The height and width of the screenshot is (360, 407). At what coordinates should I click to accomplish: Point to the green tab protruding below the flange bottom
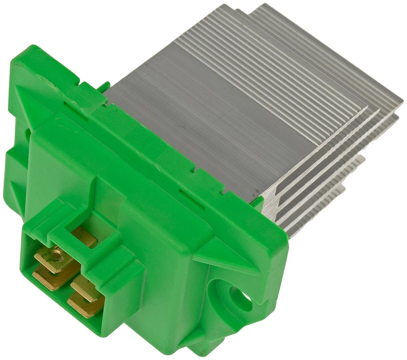coord(203,346)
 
